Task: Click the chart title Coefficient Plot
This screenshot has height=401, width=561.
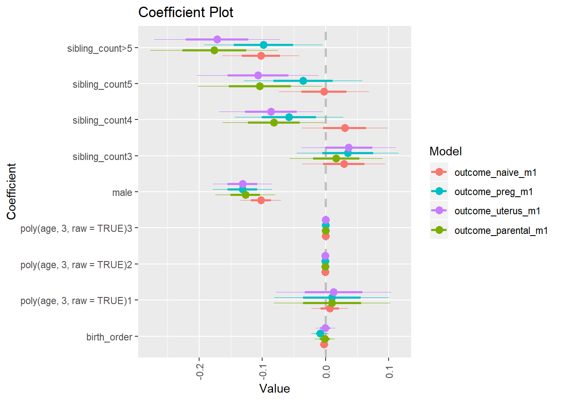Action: coord(186,13)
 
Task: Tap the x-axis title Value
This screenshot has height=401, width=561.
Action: coord(274,388)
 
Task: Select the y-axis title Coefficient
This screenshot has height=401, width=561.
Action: coord(11,191)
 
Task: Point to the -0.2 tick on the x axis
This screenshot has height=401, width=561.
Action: coord(200,371)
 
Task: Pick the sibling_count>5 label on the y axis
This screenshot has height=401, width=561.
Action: coord(99,48)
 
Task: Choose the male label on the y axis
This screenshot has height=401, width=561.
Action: coord(122,193)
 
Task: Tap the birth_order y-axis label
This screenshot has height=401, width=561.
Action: coord(109,337)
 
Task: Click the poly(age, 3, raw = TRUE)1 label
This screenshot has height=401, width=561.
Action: coord(76,301)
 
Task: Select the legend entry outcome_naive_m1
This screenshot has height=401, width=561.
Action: coord(495,173)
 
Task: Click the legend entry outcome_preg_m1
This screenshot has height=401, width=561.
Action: coord(493,192)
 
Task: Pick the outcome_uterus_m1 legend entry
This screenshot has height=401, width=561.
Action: coord(497,211)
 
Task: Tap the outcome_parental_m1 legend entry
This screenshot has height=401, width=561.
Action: coord(501,231)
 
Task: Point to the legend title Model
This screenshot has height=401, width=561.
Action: coord(445,151)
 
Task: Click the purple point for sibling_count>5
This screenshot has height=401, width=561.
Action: coord(217,39)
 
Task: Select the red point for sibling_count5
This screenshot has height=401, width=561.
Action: coord(324,91)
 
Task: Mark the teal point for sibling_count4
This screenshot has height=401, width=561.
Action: coord(289,117)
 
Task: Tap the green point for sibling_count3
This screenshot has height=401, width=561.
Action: coord(336,158)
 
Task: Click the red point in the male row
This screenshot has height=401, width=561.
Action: coord(261,200)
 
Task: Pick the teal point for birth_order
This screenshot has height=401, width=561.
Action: coord(320,333)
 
